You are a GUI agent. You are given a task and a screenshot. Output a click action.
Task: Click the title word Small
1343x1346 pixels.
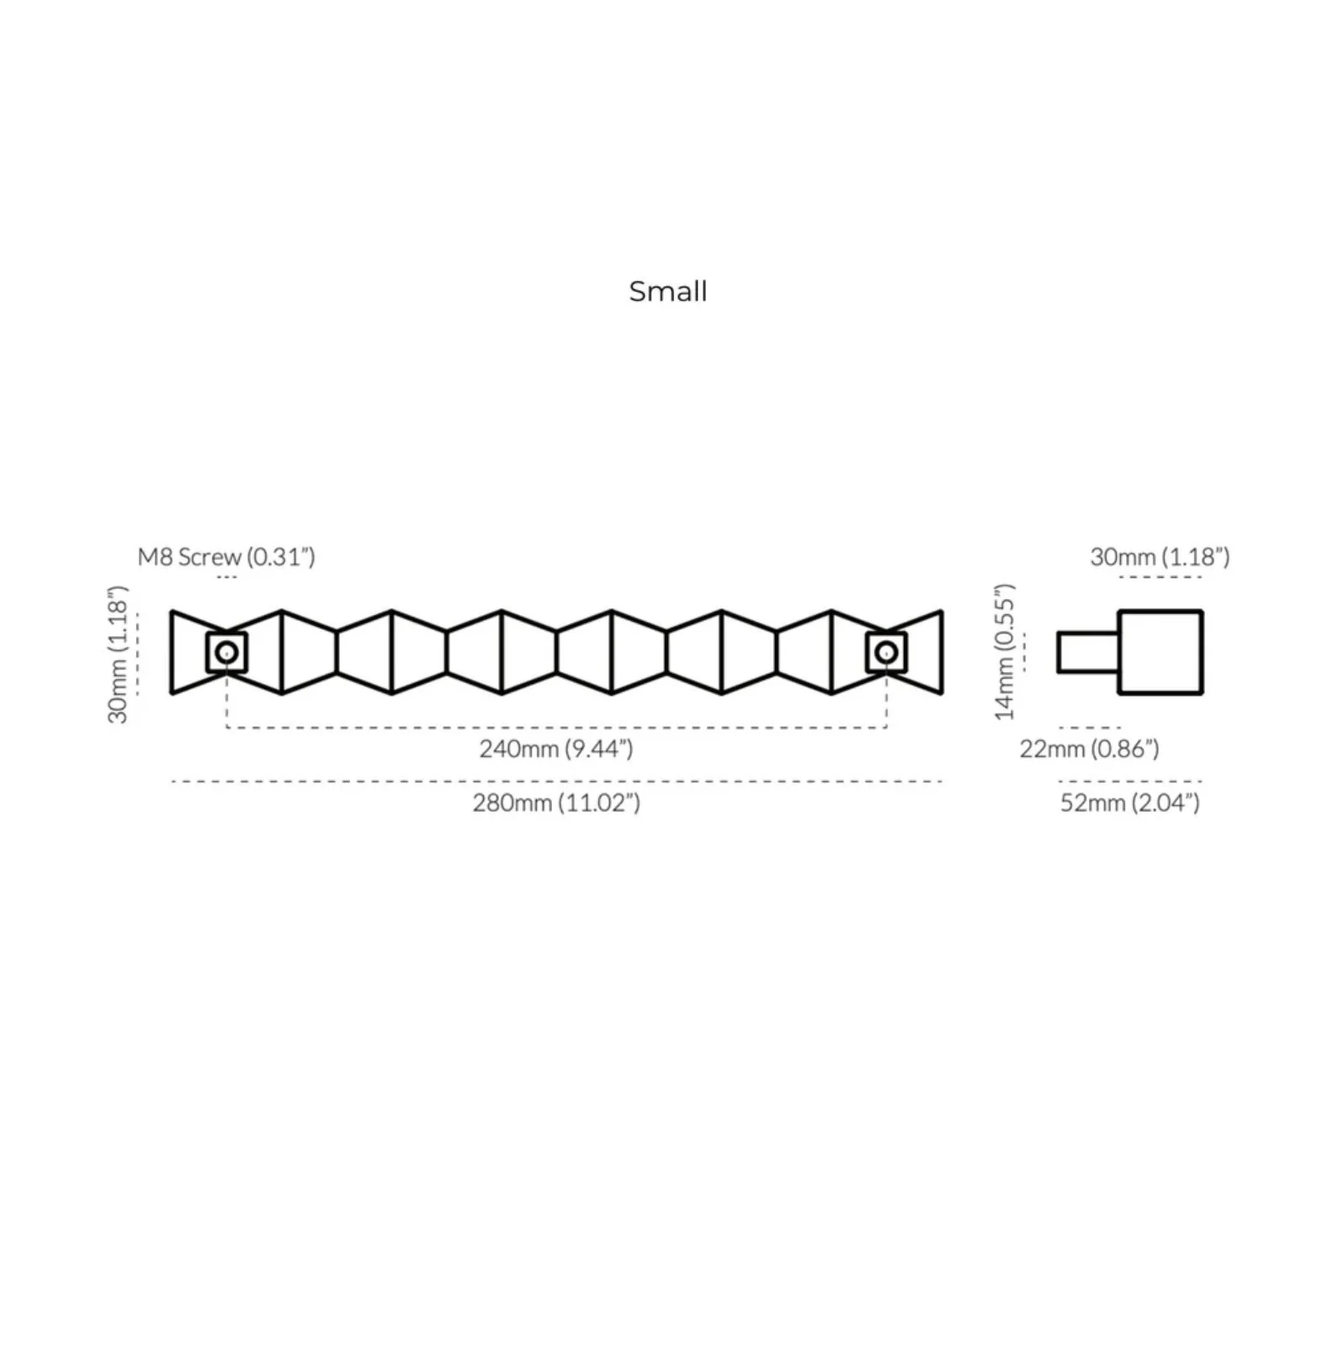tap(668, 291)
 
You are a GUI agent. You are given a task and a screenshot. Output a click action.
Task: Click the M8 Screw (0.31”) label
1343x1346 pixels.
tap(226, 557)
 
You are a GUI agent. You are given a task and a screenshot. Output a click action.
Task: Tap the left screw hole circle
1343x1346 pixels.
tap(226, 652)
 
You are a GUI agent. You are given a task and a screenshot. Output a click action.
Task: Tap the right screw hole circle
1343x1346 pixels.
tap(886, 652)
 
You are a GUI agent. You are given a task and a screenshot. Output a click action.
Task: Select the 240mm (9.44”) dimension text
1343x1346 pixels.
tap(556, 748)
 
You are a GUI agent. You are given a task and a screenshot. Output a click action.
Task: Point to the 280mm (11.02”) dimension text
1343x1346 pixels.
tap(556, 803)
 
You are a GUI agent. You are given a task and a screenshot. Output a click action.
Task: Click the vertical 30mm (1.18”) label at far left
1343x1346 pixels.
tap(119, 654)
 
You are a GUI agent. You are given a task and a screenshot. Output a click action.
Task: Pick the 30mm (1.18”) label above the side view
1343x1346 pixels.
tap(1160, 557)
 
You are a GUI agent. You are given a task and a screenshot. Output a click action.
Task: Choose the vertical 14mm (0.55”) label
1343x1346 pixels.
tap(1006, 651)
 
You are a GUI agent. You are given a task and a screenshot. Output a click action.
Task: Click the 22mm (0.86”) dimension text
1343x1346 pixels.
tap(1090, 748)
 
